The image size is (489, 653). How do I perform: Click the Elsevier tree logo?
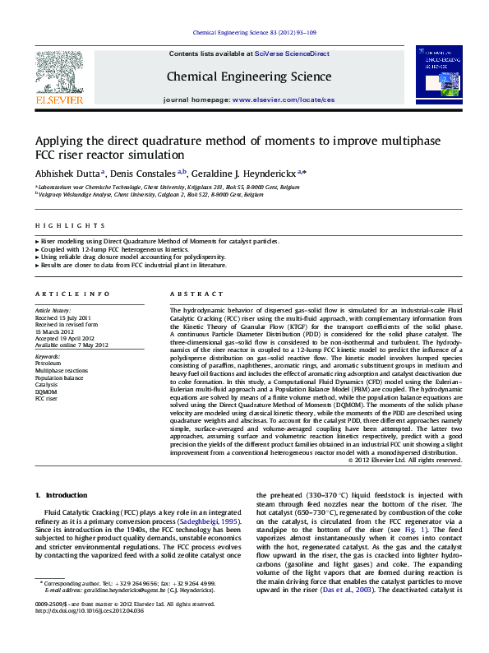coord(58,73)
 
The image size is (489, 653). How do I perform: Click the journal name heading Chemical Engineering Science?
coord(238,76)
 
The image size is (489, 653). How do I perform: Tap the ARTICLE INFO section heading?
coord(72,294)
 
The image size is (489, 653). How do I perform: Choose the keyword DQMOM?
coord(46,391)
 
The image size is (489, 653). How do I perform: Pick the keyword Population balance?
coord(58,377)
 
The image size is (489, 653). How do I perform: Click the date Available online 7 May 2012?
coord(72,345)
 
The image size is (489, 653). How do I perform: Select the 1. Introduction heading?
coord(62,495)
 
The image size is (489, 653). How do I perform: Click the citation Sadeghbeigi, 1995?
coord(205,521)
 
